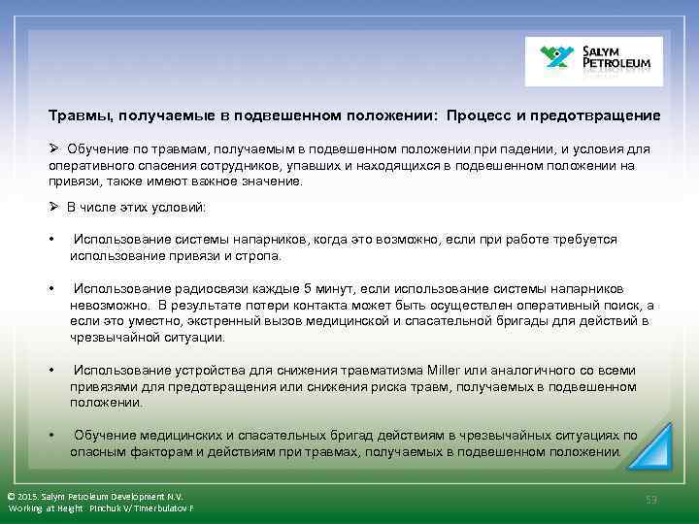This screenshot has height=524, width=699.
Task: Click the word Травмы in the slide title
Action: [x=81, y=115]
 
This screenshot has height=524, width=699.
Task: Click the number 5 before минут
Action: [x=308, y=289]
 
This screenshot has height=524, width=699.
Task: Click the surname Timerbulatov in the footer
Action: [x=162, y=508]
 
